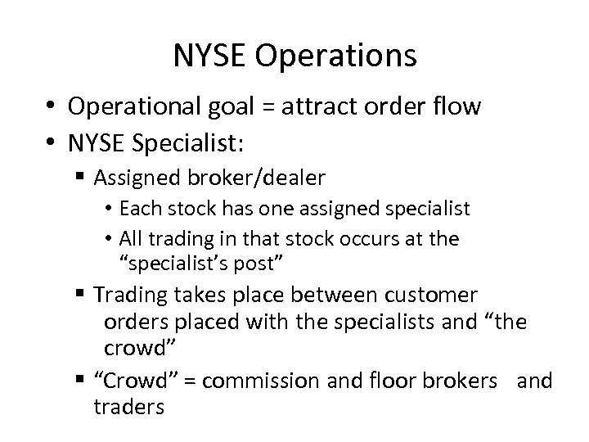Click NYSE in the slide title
pos(213,56)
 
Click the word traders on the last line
pos(128,407)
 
